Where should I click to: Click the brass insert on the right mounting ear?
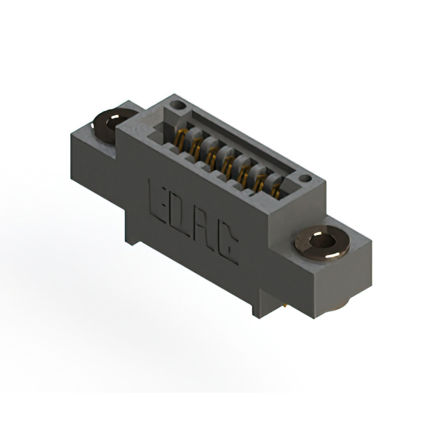coord(322,243)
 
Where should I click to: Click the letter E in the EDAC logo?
coord(156,201)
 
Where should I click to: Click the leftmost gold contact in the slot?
coord(180,139)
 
